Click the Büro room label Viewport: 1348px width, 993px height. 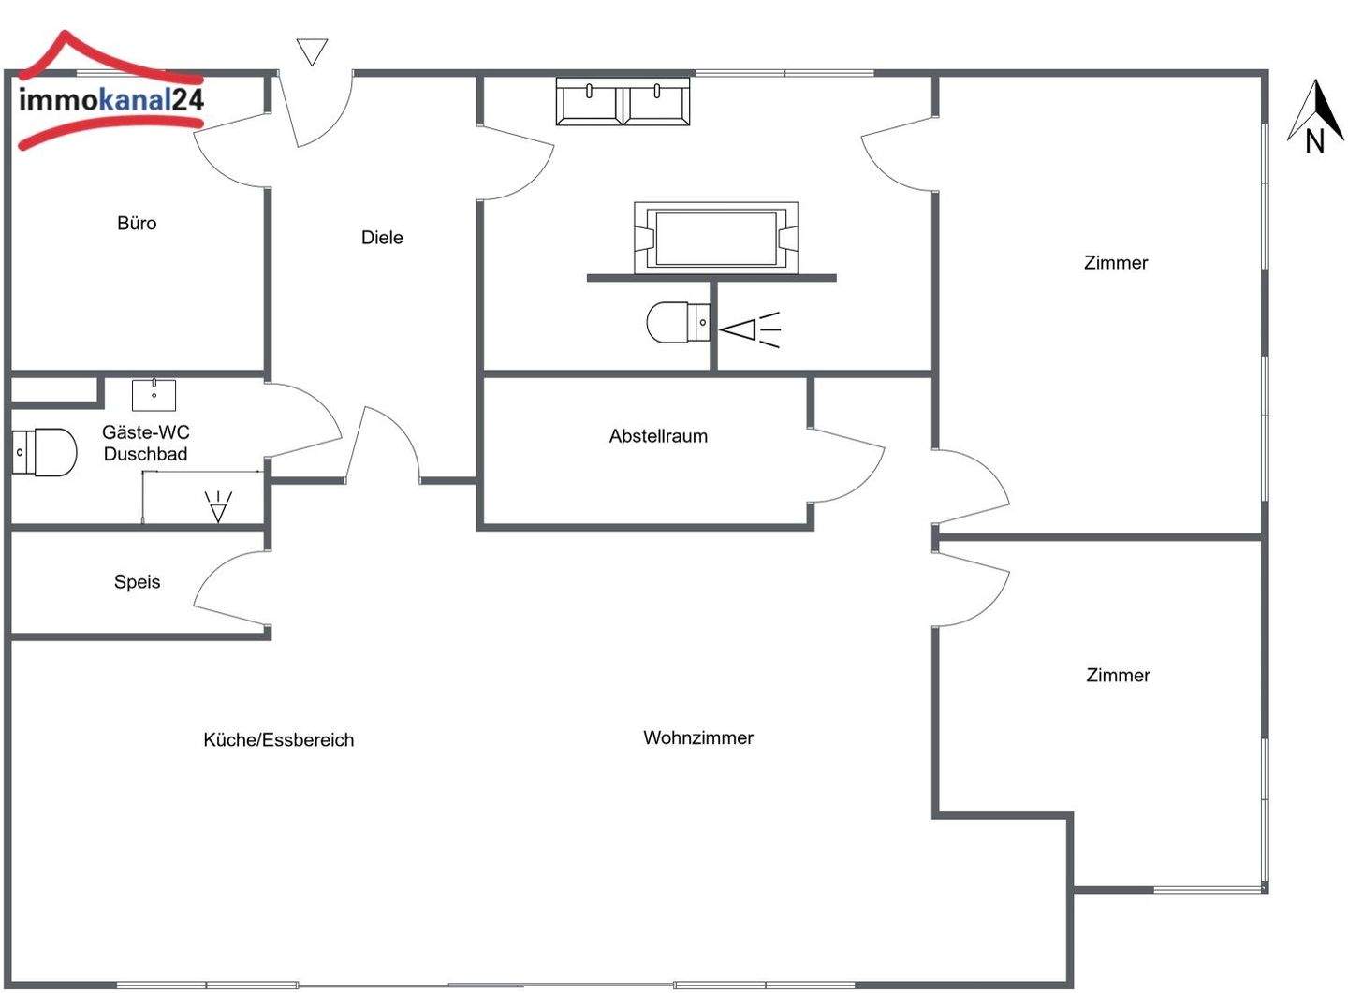tap(137, 224)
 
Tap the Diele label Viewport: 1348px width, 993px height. tap(382, 238)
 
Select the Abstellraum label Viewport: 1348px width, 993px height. tap(658, 436)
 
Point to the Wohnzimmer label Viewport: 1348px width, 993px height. tap(698, 738)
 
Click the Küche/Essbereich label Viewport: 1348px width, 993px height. tap(279, 740)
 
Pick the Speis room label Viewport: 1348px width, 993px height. tap(137, 582)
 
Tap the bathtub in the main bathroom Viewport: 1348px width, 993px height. tap(716, 238)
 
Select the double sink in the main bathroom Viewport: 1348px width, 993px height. tap(623, 102)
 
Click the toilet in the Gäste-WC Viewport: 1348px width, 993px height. tap(44, 452)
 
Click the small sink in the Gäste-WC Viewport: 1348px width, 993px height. tap(154, 395)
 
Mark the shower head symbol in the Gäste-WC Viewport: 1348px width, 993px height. tap(218, 506)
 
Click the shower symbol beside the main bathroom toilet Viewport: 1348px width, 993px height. tap(749, 329)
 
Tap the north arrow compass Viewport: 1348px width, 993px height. tap(1315, 117)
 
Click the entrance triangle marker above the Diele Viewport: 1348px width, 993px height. tap(312, 51)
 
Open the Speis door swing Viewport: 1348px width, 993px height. tap(229, 588)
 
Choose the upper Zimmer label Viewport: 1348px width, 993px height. tap(1116, 263)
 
